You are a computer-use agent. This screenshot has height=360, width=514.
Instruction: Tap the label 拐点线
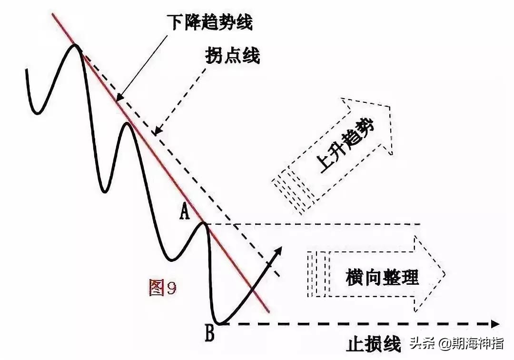click(x=233, y=56)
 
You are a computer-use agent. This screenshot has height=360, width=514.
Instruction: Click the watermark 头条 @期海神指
click(x=455, y=343)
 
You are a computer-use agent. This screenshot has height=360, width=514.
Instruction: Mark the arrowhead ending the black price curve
click(x=278, y=252)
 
